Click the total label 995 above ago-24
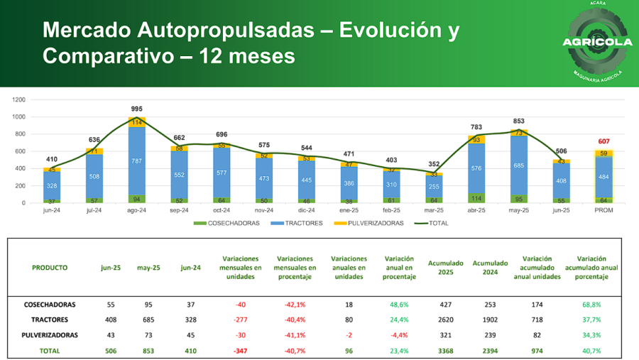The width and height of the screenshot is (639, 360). tap(137, 109)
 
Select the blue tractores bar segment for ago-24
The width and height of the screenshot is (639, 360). tap(137, 160)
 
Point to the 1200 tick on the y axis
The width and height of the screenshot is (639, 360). tap(18, 99)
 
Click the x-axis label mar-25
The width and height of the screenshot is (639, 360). tap(434, 211)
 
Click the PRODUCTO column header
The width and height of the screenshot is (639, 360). tap(50, 268)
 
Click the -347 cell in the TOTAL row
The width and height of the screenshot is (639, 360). tap(241, 351)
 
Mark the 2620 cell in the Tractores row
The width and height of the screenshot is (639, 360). tap(445, 320)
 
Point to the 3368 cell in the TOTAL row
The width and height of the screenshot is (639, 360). tap(445, 351)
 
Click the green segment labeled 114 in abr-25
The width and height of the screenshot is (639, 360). tap(476, 198)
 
